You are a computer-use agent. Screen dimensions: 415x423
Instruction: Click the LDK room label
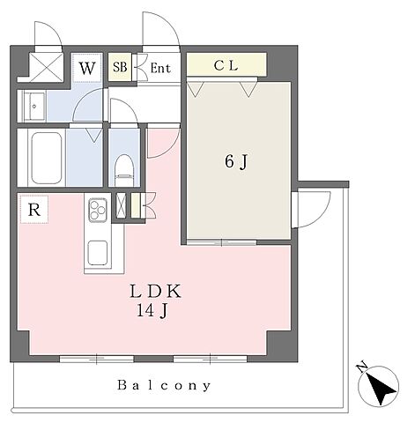(x=155, y=292)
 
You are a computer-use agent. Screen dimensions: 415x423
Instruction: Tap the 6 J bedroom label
(x=236, y=161)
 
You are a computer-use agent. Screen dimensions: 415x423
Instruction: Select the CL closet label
(x=226, y=65)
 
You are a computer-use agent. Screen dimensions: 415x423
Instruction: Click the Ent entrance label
(x=160, y=68)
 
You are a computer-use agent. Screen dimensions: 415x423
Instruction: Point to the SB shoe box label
(x=120, y=67)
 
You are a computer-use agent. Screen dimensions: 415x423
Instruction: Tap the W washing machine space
(x=87, y=68)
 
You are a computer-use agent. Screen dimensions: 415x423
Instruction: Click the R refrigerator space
(x=34, y=210)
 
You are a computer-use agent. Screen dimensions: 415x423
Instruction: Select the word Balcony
(x=164, y=385)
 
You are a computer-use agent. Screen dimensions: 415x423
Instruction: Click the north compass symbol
(x=378, y=385)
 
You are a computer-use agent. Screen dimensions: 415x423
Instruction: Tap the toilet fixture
(x=123, y=170)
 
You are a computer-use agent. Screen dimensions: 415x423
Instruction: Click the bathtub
(x=47, y=159)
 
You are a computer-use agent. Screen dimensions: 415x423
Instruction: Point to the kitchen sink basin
(x=98, y=252)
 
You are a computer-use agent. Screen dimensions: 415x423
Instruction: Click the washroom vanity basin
(x=34, y=106)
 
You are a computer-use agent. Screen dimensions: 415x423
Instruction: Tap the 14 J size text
(x=152, y=310)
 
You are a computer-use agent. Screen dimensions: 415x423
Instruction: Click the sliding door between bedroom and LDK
(x=222, y=242)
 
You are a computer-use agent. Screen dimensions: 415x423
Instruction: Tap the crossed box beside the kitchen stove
(x=121, y=205)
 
